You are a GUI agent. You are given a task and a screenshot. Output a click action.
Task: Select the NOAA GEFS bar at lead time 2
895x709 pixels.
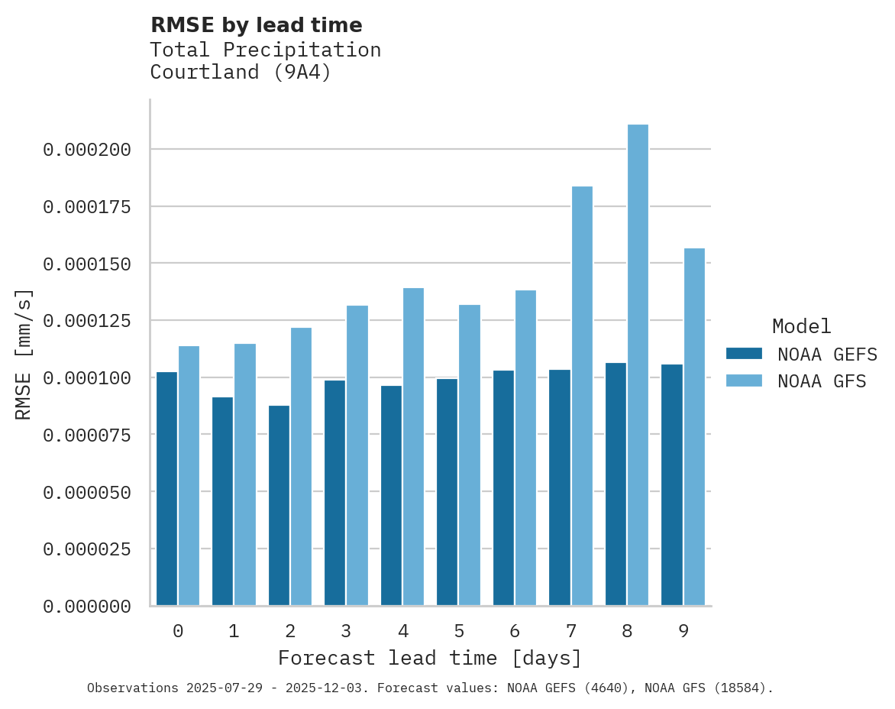coord(279,505)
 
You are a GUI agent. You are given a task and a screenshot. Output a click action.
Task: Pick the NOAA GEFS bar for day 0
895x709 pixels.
coord(166,488)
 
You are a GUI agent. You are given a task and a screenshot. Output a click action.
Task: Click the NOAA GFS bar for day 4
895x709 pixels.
coord(413,446)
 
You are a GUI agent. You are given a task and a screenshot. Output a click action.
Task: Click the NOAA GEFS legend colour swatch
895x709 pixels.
coord(744,354)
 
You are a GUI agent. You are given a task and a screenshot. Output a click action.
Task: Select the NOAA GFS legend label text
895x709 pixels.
coord(822,380)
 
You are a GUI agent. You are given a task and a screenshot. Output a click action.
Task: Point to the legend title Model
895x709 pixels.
coord(801,326)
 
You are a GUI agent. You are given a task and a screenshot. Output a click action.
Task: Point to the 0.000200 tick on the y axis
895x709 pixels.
coord(87,150)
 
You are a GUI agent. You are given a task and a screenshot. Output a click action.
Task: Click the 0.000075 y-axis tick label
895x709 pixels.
coord(87,435)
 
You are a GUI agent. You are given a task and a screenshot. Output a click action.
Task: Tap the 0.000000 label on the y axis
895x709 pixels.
coord(87,607)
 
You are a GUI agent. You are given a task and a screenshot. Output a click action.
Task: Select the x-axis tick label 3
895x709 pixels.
coord(346,631)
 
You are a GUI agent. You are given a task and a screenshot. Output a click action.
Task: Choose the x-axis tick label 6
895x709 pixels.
coord(515,631)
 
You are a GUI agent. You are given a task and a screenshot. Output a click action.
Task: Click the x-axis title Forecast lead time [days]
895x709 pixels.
coord(430,658)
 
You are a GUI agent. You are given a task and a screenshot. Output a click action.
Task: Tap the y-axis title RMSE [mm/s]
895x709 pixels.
coord(24,354)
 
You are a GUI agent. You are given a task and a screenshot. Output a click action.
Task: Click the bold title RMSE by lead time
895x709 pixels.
coord(256,25)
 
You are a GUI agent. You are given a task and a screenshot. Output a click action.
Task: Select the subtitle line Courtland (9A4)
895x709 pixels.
coord(241,73)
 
